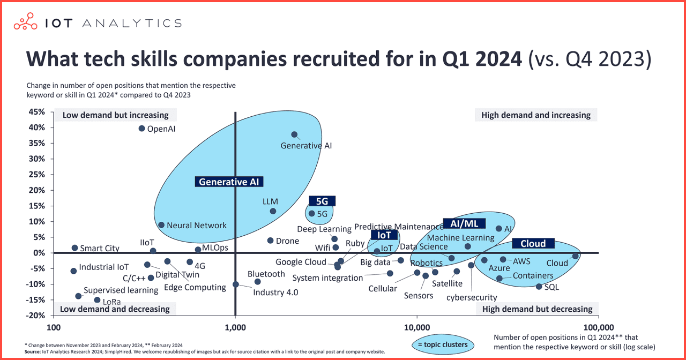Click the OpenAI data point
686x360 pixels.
[x=142, y=129]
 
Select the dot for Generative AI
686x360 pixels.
[x=294, y=135]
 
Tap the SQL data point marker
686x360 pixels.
[x=539, y=287]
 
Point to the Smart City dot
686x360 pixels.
[x=75, y=248]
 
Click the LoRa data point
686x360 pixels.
[x=97, y=300]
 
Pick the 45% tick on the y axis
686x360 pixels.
[x=37, y=112]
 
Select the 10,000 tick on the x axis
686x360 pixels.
[x=417, y=327]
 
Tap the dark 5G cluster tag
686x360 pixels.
[x=322, y=201]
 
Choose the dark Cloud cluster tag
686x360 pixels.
[x=533, y=243]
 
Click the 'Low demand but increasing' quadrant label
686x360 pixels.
[x=116, y=115]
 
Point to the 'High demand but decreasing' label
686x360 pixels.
[x=537, y=309]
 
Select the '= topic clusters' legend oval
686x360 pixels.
[x=442, y=344]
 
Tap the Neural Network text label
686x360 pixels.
[x=197, y=226]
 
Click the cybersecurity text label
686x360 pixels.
[x=472, y=297]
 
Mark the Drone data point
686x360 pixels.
[x=270, y=241]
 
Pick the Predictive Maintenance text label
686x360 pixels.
[x=399, y=227]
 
